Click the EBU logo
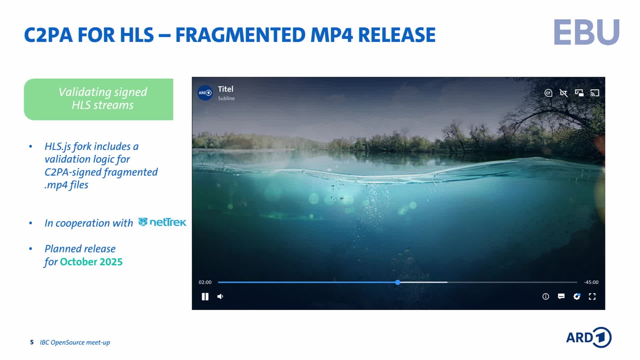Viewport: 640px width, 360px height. [x=587, y=32]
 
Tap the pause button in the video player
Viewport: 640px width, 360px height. [x=205, y=296]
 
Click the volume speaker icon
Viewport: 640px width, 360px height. [x=220, y=296]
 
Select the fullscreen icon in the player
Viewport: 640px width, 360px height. [x=592, y=296]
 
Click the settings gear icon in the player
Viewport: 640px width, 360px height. [x=577, y=296]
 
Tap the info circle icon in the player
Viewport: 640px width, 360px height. [x=546, y=296]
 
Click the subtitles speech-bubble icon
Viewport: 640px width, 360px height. [x=561, y=296]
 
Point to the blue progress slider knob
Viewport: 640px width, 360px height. [x=398, y=282]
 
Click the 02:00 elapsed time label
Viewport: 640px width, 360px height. [x=205, y=282]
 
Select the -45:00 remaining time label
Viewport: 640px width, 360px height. [x=591, y=282]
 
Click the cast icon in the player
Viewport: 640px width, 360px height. [x=595, y=93]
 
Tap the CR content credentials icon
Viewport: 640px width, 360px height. [x=548, y=93]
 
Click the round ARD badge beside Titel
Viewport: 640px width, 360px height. [x=205, y=93]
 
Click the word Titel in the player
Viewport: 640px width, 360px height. [x=226, y=89]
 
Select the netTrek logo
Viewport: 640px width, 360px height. [x=162, y=222]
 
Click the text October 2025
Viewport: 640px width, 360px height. [x=91, y=262]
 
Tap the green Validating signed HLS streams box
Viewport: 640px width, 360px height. [x=99, y=99]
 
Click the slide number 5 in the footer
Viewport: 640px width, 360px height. [x=32, y=342]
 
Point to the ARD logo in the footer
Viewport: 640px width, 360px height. [x=589, y=337]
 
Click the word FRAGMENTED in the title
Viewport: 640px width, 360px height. [x=240, y=35]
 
